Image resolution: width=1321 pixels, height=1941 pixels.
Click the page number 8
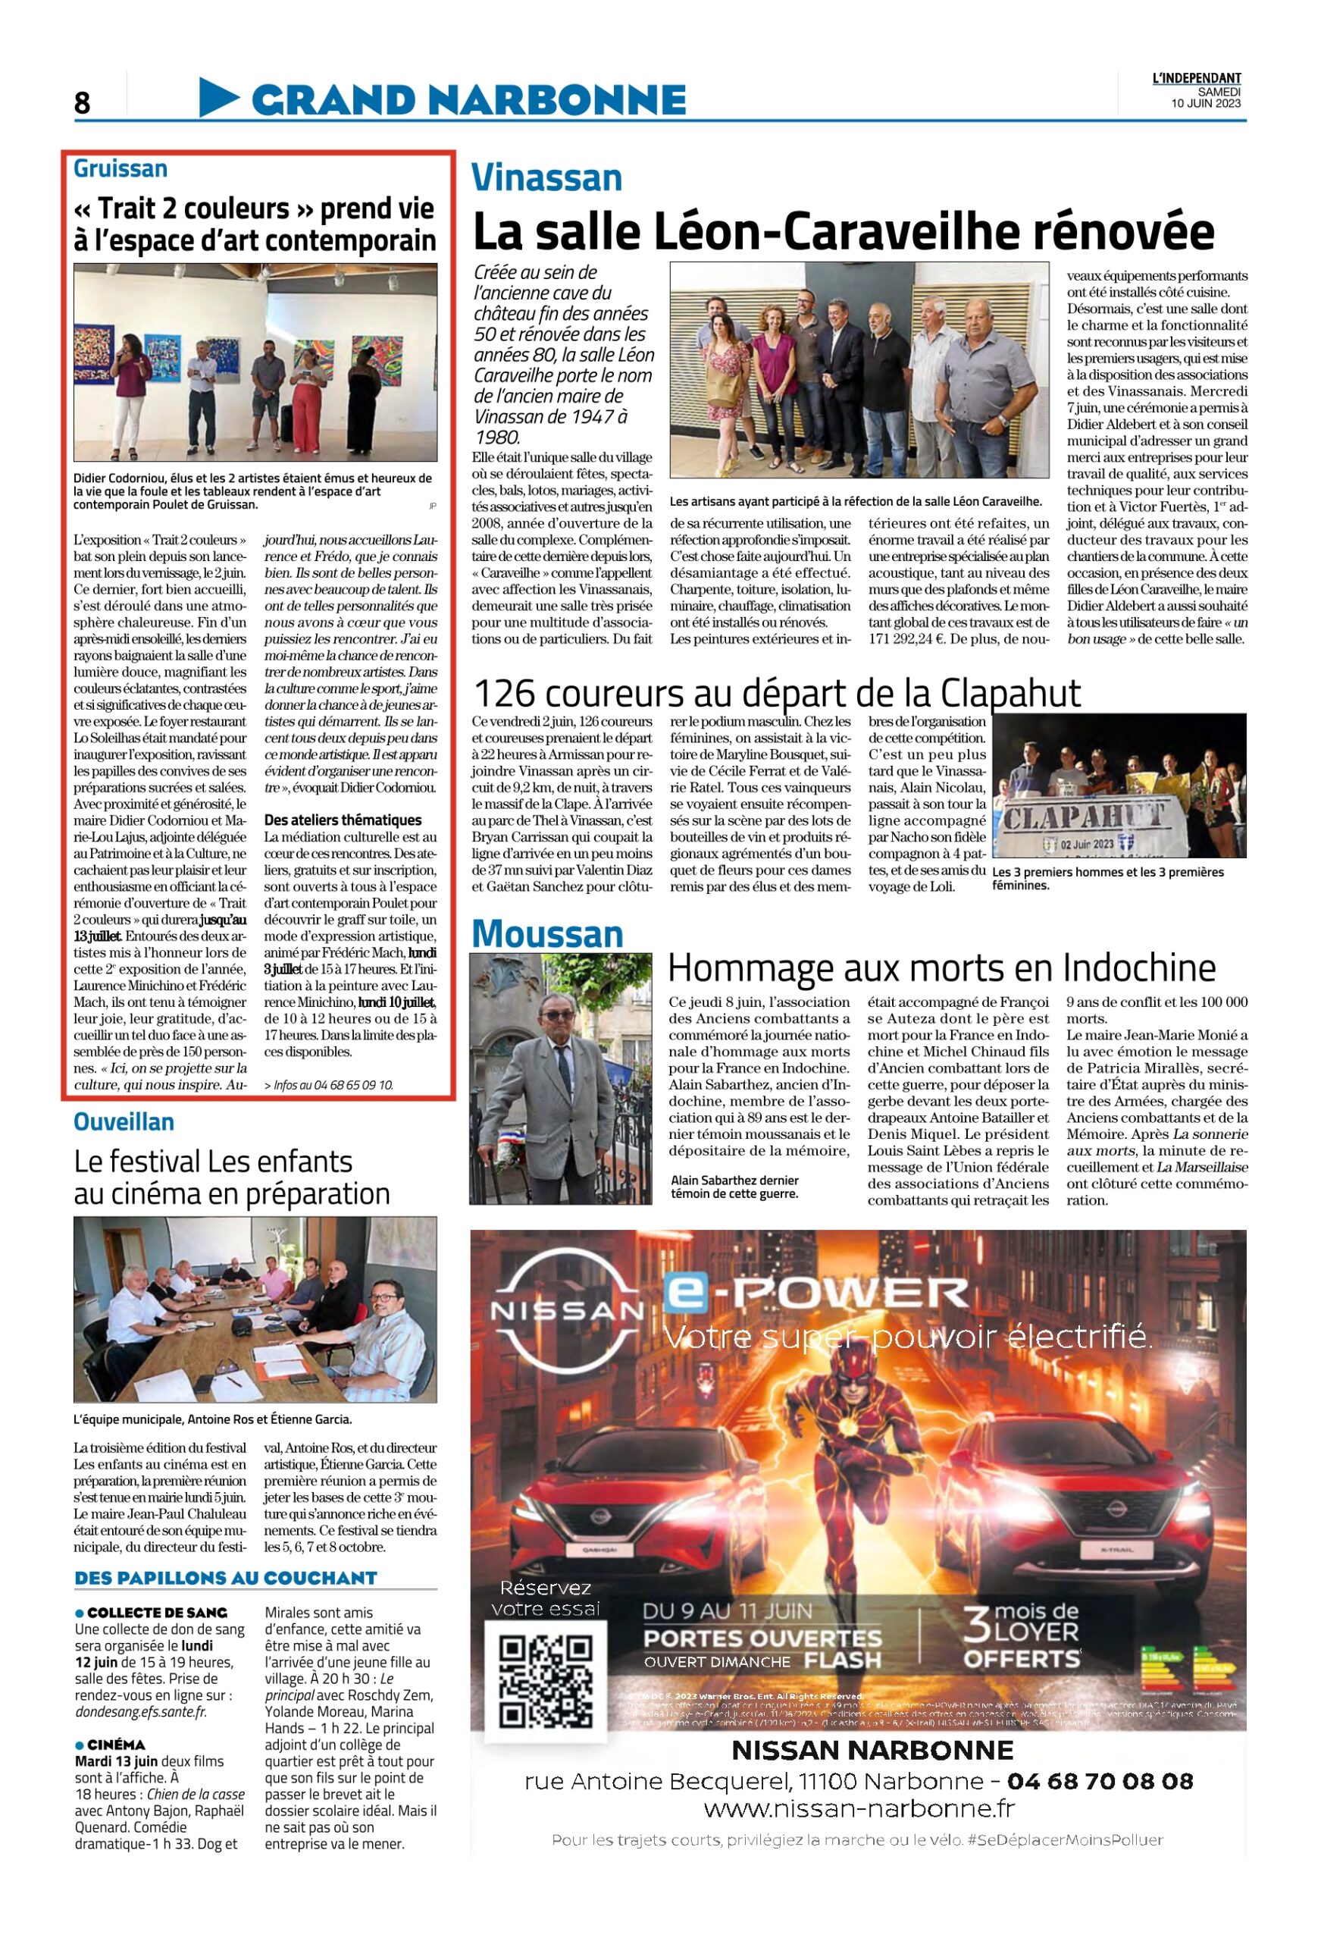click(82, 102)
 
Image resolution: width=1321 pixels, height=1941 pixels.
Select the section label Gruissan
click(121, 169)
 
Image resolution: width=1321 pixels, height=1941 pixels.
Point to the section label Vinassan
click(546, 178)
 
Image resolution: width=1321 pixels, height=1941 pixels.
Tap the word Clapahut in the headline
click(1010, 693)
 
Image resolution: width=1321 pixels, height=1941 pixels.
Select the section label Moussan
click(547, 934)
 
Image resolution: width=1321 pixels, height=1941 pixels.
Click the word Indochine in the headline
click(1139, 969)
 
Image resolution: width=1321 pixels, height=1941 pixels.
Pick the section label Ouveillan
click(124, 1121)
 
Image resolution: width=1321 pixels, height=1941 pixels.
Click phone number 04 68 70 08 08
click(1100, 1782)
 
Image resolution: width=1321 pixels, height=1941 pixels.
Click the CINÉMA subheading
click(116, 1745)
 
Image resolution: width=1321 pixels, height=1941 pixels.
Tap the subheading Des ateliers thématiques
click(343, 820)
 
